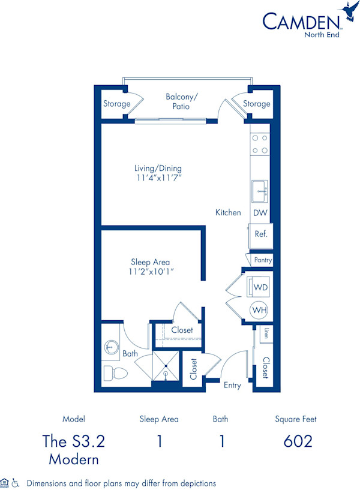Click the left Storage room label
point(116,104)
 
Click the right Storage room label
point(256,104)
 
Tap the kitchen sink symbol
point(260,191)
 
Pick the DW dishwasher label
point(260,213)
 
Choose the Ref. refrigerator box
point(260,234)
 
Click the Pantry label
point(263,260)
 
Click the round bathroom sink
point(111,347)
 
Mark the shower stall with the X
point(165,366)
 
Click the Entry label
point(233,385)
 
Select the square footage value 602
point(298,441)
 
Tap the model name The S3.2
point(74,441)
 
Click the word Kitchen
point(228,212)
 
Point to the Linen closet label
point(265,334)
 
